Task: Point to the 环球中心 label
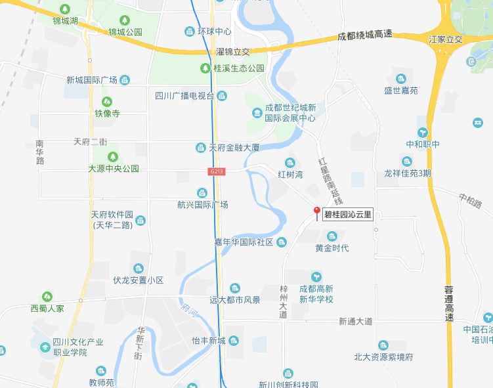pyautogui.click(x=214, y=31)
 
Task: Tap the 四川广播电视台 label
pyautogui.click(x=184, y=97)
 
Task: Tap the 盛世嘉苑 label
pyautogui.click(x=400, y=91)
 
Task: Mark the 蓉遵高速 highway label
pyautogui.click(x=449, y=303)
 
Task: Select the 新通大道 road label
pyautogui.click(x=356, y=322)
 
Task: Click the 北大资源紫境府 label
pyautogui.click(x=383, y=357)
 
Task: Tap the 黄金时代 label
pyautogui.click(x=332, y=248)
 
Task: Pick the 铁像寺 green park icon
pyautogui.click(x=108, y=102)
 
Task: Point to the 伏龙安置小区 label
pyautogui.click(x=138, y=280)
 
